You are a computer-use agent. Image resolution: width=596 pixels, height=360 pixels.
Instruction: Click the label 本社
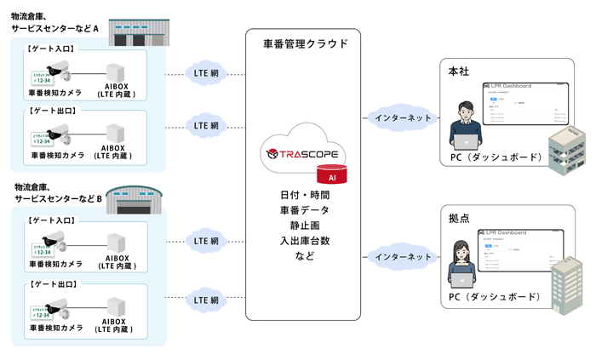[456, 71]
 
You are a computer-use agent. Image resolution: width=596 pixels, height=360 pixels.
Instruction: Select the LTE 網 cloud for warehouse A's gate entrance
[207, 74]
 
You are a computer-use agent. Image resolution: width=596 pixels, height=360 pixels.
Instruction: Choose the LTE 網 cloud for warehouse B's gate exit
[207, 300]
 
